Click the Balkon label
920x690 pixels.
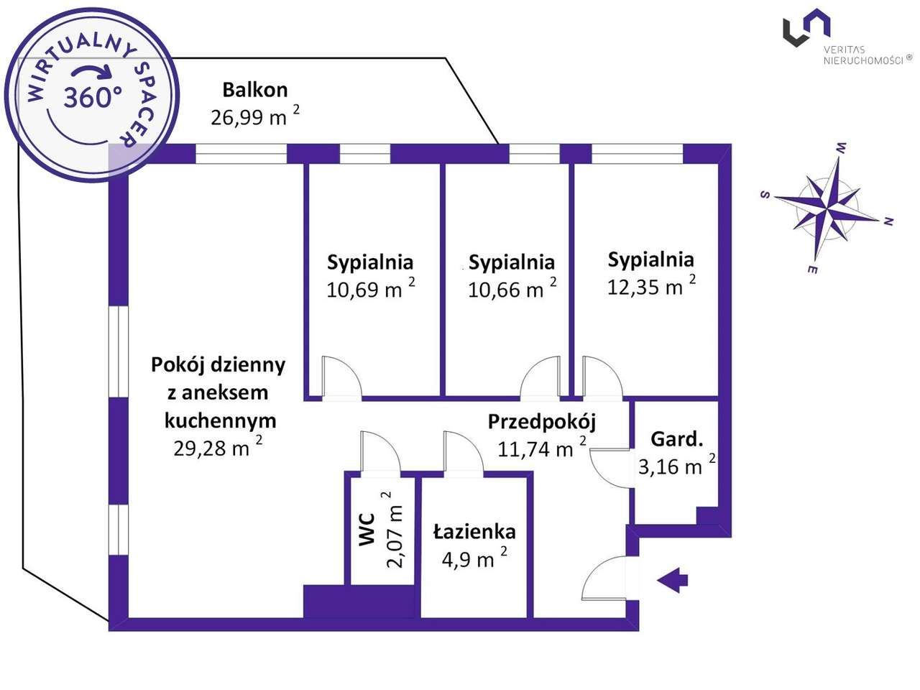[255, 90]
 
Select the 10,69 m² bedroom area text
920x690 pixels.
[370, 287]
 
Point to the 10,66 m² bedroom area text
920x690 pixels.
[512, 287]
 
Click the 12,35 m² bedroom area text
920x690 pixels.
[651, 285]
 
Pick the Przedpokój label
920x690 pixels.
[541, 423]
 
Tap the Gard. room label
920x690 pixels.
[676, 439]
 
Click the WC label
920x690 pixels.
[367, 529]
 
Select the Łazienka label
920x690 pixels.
[474, 532]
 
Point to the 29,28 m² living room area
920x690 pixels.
[218, 447]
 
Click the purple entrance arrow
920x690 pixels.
[672, 581]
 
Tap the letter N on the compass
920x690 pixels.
[888, 222]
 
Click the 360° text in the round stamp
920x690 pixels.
[93, 97]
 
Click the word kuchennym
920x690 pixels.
[221, 420]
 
